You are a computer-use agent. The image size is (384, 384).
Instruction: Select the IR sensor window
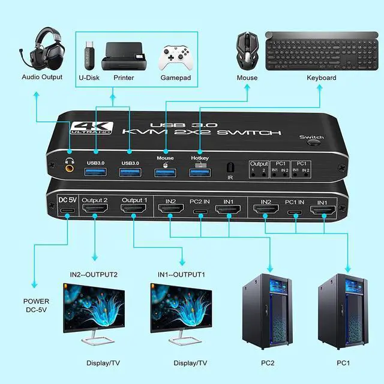[230, 168]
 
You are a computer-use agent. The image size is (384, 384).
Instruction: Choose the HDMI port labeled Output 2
[94, 210]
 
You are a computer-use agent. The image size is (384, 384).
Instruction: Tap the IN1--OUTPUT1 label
[181, 274]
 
